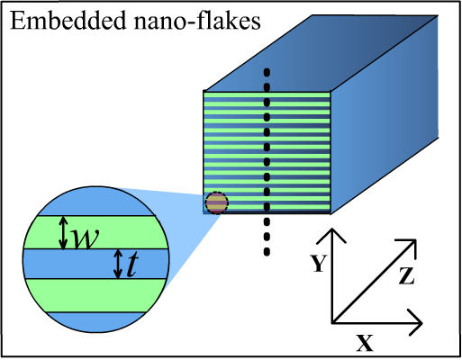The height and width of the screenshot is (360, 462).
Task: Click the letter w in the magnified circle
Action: [84, 238]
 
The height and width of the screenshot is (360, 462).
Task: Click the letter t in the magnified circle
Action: [132, 265]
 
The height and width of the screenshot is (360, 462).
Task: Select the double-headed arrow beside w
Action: [63, 233]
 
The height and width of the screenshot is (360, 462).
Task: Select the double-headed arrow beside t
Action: [118, 264]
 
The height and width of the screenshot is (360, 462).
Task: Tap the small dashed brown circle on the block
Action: [216, 202]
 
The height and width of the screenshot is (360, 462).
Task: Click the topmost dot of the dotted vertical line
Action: [267, 72]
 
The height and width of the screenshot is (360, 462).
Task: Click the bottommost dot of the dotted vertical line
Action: [267, 207]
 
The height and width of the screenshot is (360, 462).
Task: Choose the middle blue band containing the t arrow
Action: [72, 264]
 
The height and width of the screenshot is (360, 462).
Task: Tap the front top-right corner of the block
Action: [331, 92]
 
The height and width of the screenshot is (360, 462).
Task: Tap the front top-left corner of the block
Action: [204, 92]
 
